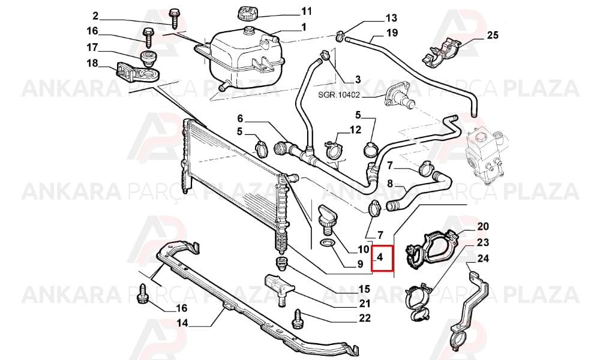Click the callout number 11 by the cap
[x=307, y=11]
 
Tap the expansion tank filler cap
[x=248, y=14]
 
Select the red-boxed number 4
[x=380, y=257]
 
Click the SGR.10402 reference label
[x=339, y=94]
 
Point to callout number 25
[x=493, y=35]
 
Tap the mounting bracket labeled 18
[x=138, y=73]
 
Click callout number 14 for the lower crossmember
[x=182, y=323]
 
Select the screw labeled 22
[x=297, y=319]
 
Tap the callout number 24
[x=483, y=259]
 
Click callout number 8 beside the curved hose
[x=390, y=184]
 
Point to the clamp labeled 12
[x=334, y=151]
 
